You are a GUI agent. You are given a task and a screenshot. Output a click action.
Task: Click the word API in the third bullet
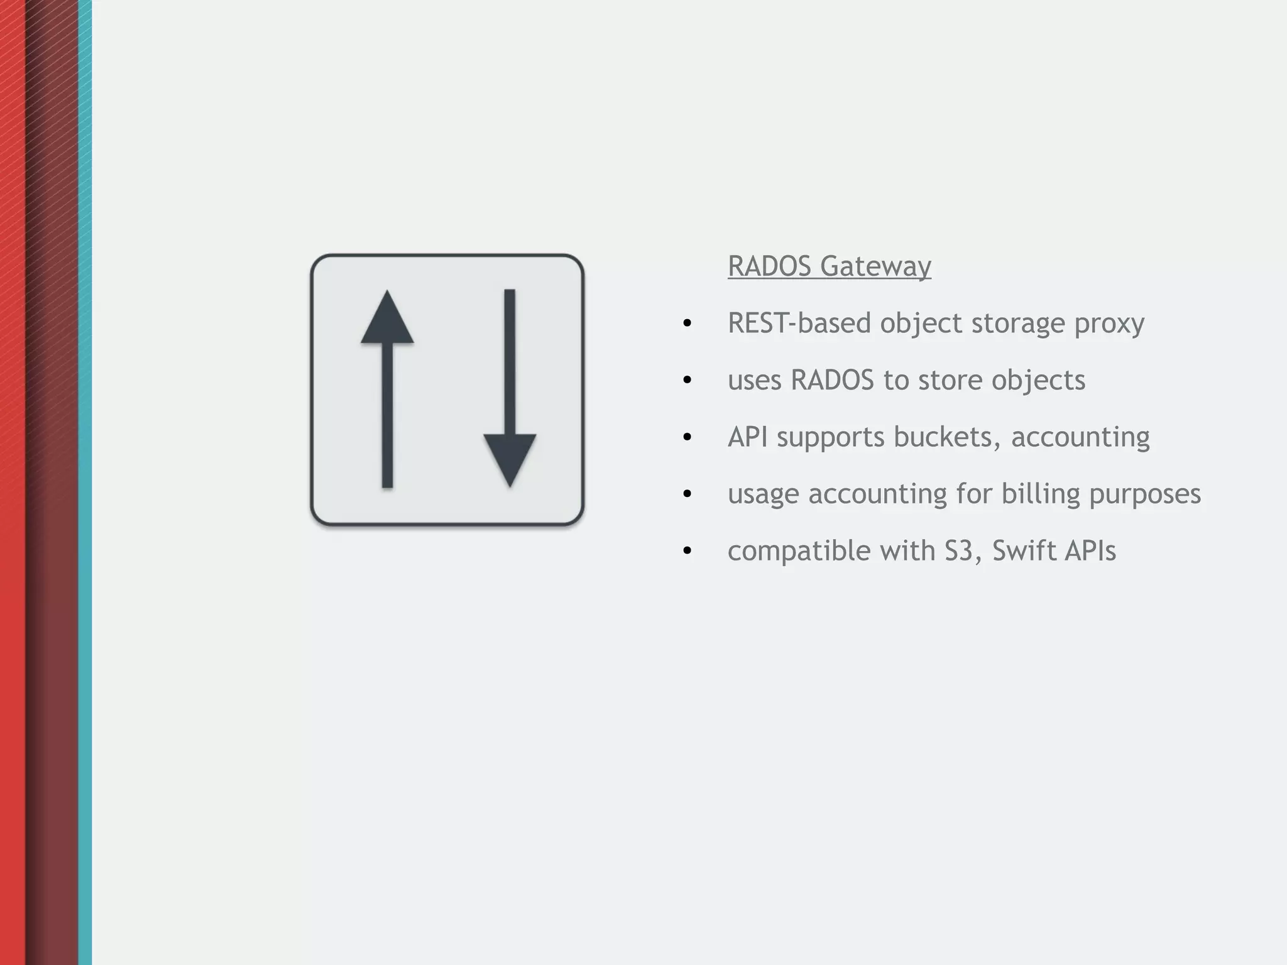pos(747,437)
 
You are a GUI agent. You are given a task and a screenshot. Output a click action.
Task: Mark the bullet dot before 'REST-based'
pos(687,324)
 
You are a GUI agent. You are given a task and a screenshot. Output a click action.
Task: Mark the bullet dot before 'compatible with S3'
pos(687,551)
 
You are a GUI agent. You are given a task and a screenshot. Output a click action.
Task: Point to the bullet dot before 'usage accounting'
pos(687,494)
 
